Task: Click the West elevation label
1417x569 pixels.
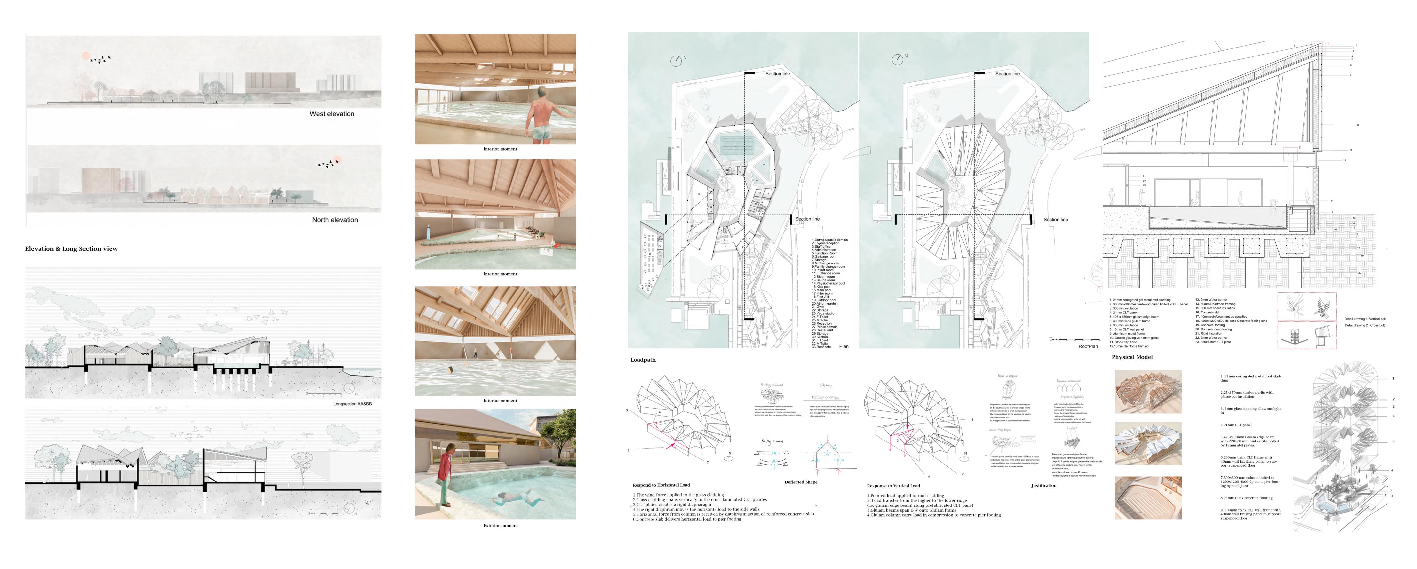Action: (332, 114)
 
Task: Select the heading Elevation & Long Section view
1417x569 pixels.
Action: (72, 249)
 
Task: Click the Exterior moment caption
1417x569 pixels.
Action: (500, 526)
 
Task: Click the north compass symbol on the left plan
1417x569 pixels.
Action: (676, 61)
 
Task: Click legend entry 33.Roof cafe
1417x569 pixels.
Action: (821, 347)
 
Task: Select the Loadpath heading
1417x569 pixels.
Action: (643, 360)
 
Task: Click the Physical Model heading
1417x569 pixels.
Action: (1132, 357)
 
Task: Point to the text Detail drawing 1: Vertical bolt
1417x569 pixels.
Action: (1365, 319)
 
